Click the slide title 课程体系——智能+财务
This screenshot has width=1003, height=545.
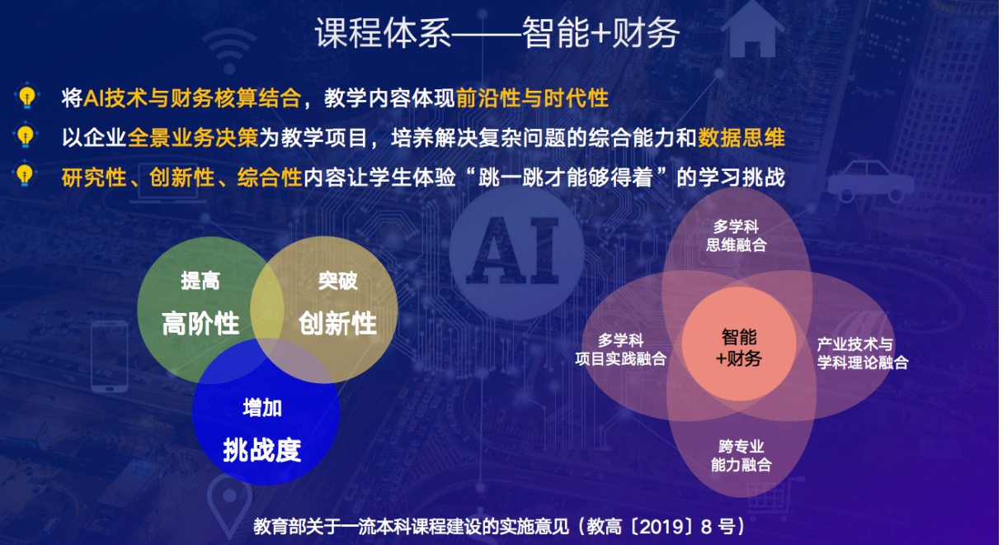click(x=497, y=33)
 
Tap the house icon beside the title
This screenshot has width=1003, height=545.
click(x=752, y=30)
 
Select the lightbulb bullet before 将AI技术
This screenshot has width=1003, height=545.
click(x=27, y=96)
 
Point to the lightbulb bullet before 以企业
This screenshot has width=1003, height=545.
click(x=25, y=135)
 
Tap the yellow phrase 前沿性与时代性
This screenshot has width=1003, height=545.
click(x=532, y=97)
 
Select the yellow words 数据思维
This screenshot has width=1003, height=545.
click(x=742, y=137)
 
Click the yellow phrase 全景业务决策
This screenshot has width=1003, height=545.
click(x=193, y=137)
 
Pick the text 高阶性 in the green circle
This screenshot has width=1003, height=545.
click(x=200, y=323)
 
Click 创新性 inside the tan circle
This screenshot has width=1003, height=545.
click(x=337, y=323)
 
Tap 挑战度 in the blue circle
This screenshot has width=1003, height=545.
click(x=262, y=449)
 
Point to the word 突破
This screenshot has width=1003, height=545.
click(x=337, y=281)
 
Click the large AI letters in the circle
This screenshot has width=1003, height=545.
click(x=513, y=250)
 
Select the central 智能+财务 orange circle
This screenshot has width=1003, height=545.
click(x=739, y=344)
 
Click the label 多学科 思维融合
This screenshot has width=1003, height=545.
click(x=736, y=235)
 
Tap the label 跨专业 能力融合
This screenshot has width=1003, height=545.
click(x=741, y=455)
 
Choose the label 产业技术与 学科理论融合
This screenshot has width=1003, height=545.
click(x=863, y=353)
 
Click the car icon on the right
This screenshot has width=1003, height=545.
click(x=870, y=182)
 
